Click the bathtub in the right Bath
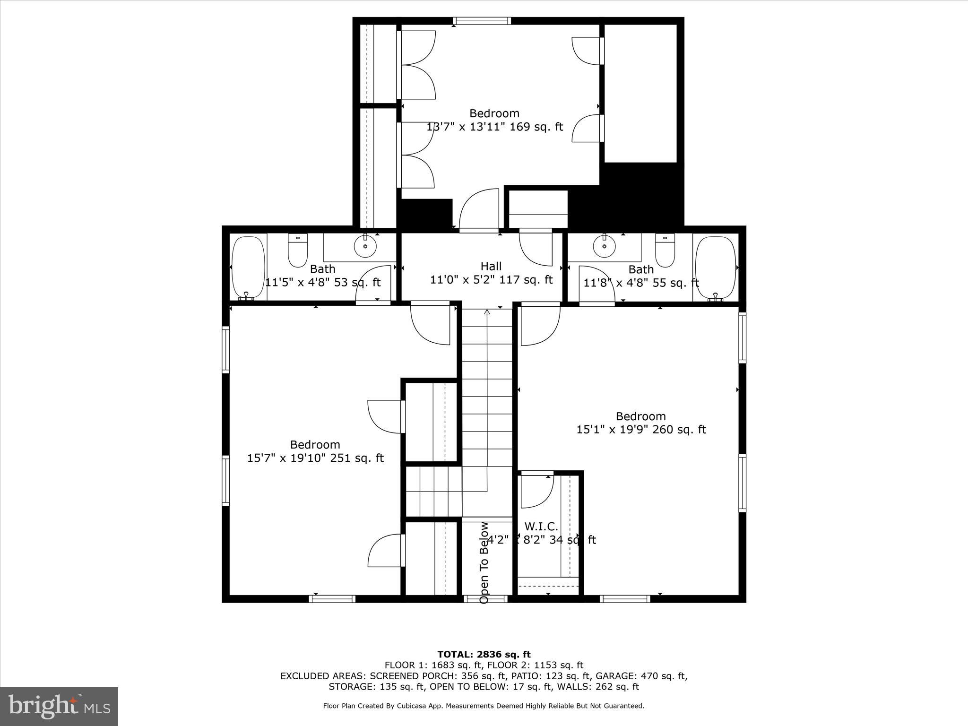pos(716,268)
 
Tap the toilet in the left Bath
pos(298,251)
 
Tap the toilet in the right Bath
pos(665,251)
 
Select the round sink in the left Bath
pos(365,246)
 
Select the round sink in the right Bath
pos(604,246)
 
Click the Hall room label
pos(491,267)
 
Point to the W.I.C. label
pos(541,527)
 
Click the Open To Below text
pos(484,562)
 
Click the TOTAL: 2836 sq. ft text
pos(484,655)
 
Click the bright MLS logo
pos(59,707)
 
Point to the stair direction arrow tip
pos(487,311)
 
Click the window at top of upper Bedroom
pos(482,21)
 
